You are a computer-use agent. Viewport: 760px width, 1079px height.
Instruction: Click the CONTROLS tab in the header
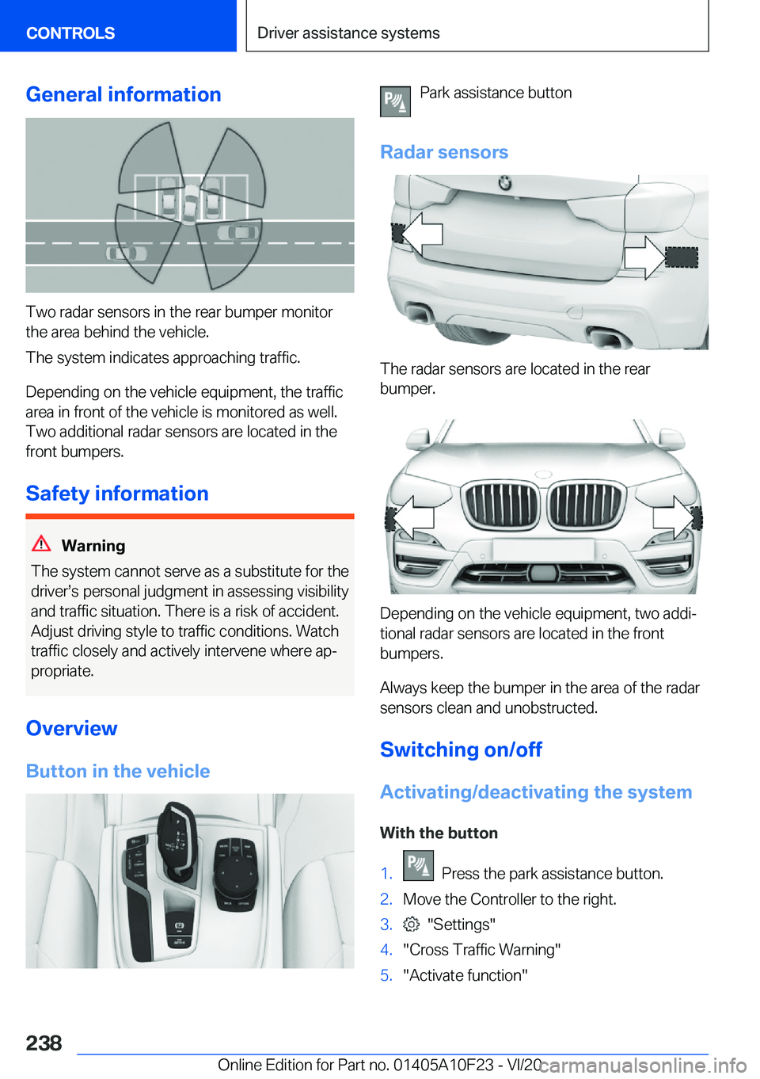point(70,33)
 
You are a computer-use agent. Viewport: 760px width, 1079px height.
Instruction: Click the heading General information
point(123,94)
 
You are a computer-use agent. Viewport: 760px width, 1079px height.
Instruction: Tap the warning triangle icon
point(41,544)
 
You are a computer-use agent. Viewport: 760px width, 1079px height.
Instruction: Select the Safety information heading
point(117,494)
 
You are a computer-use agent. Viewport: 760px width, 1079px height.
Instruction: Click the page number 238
point(44,1043)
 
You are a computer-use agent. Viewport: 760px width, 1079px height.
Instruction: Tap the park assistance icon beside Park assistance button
point(395,101)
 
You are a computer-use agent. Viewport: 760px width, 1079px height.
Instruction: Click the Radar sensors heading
point(444,152)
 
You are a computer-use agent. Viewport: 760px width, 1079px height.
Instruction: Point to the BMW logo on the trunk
point(504,184)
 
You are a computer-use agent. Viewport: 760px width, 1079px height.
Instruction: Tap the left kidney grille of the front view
point(502,505)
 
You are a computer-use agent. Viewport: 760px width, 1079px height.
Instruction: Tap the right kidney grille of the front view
point(586,505)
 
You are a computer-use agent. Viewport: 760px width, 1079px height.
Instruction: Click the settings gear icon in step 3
point(411,925)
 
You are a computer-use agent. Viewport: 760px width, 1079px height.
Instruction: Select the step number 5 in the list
point(386,975)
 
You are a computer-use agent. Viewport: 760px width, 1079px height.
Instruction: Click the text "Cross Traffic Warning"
point(481,950)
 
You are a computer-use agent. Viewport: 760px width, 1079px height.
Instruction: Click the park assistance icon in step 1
point(418,866)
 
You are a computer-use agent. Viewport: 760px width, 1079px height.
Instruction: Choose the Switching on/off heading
point(461,749)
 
